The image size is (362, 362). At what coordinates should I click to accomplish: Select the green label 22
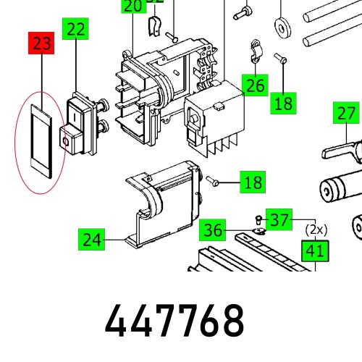76,30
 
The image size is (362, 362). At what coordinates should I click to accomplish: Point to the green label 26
254,85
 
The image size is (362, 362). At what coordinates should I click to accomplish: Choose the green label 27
347,114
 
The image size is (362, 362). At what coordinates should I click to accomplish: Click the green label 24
92,238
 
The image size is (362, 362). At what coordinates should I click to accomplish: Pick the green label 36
213,230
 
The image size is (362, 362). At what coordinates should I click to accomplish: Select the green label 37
280,218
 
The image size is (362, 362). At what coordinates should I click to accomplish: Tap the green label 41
314,252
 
